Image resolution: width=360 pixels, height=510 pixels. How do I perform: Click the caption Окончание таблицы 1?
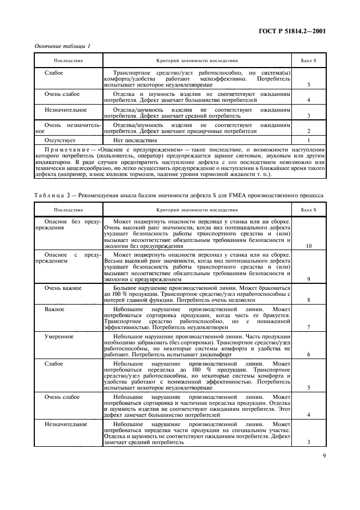point(62,46)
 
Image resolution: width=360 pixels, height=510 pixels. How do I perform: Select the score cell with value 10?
point(309,246)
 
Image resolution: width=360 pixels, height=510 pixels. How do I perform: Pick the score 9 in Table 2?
point(309,279)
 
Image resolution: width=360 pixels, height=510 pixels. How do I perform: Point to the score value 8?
point(309,300)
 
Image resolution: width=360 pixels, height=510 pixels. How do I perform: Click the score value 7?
point(309,327)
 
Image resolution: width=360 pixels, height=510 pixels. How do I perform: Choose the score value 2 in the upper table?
point(309,131)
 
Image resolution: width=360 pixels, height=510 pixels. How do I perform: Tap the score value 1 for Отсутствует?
point(309,139)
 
